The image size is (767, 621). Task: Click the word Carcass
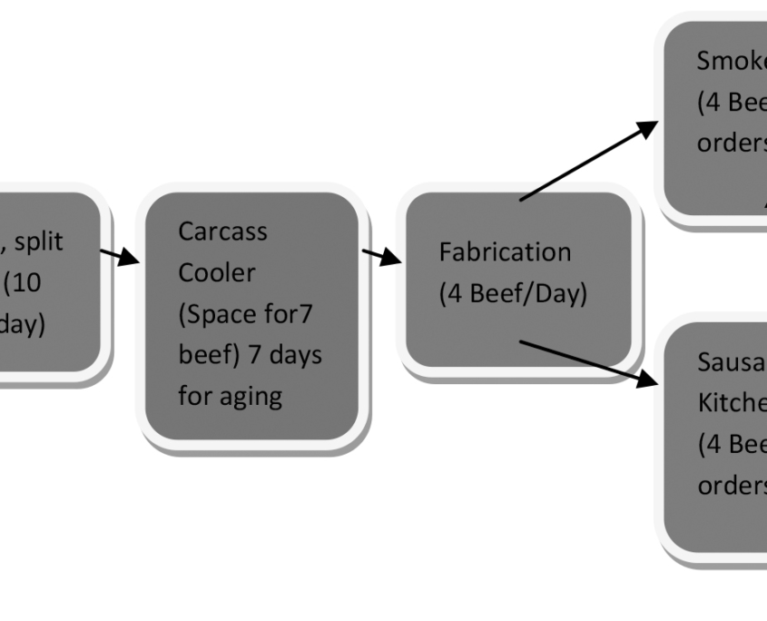pyautogui.click(x=222, y=232)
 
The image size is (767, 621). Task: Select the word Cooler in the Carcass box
pyautogui.click(x=216, y=272)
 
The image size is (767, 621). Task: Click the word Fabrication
pyautogui.click(x=505, y=251)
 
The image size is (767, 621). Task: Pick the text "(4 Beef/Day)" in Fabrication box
pyautogui.click(x=513, y=294)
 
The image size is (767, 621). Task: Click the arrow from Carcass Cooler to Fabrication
pyautogui.click(x=381, y=256)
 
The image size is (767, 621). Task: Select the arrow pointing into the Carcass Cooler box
pyautogui.click(x=121, y=256)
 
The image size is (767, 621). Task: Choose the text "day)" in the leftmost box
pyautogui.click(x=20, y=324)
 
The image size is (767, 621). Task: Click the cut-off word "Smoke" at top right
pyautogui.click(x=731, y=61)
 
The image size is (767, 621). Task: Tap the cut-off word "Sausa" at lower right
pyautogui.click(x=732, y=362)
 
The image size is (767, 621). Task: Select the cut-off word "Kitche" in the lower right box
pyautogui.click(x=732, y=403)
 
